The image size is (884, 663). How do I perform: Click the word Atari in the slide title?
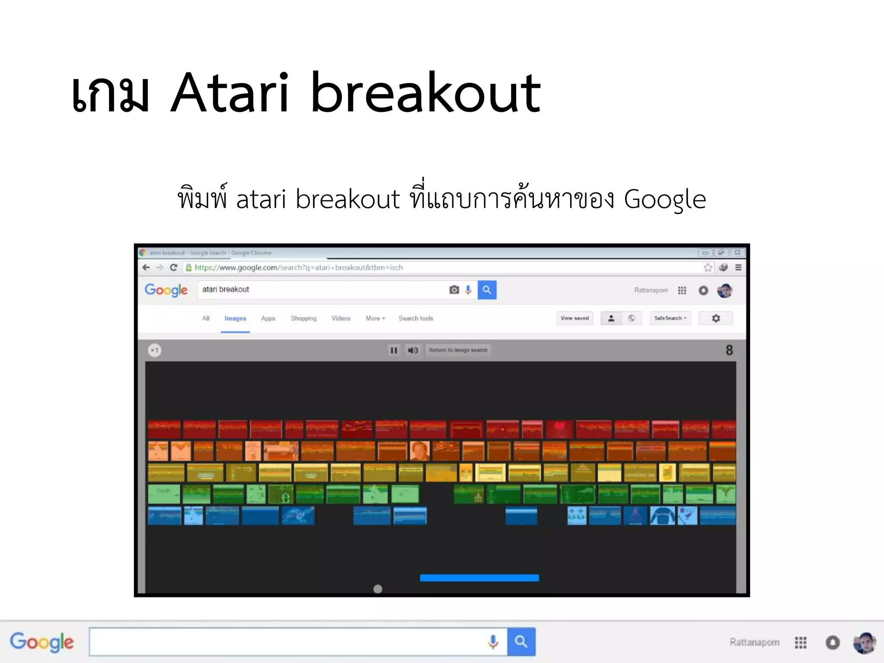230,93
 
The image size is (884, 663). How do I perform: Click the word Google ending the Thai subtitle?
665,199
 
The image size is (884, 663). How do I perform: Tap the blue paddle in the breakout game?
479,578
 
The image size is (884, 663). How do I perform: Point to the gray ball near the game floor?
378,589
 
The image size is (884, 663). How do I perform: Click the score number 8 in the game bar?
729,350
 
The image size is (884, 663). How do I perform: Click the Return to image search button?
458,350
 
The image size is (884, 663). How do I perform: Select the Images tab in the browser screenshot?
235,319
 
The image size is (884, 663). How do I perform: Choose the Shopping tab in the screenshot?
303,319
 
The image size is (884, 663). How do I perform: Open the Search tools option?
416,319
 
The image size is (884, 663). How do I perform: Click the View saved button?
575,319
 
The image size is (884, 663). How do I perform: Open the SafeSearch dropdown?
670,319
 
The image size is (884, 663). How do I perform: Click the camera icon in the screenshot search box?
454,290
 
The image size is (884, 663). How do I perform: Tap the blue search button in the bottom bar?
521,642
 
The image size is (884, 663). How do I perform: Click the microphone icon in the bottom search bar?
493,642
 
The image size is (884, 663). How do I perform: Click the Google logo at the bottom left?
42,642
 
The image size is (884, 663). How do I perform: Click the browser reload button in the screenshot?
174,268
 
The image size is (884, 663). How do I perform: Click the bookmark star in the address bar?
708,268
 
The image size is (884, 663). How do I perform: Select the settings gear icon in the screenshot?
716,319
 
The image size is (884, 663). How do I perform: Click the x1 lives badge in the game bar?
155,350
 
